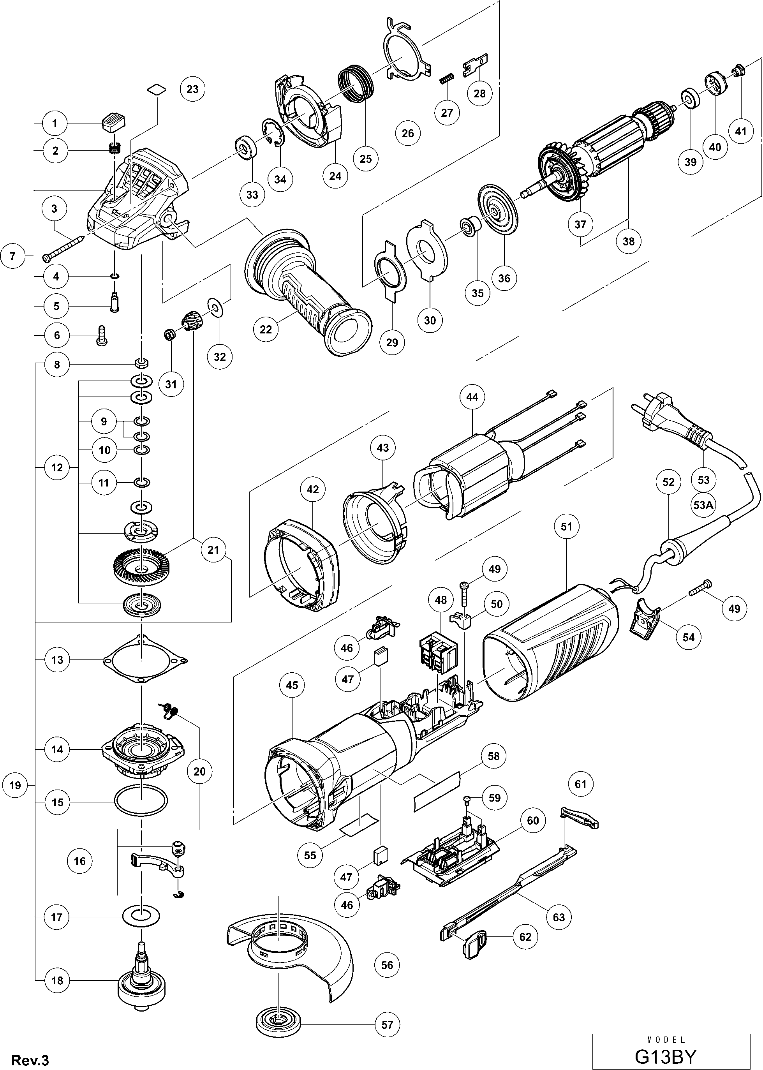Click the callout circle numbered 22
point(266,330)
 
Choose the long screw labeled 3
point(63,249)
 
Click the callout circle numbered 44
point(472,397)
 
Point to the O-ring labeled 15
point(141,802)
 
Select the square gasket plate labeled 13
point(145,660)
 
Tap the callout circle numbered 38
point(628,241)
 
